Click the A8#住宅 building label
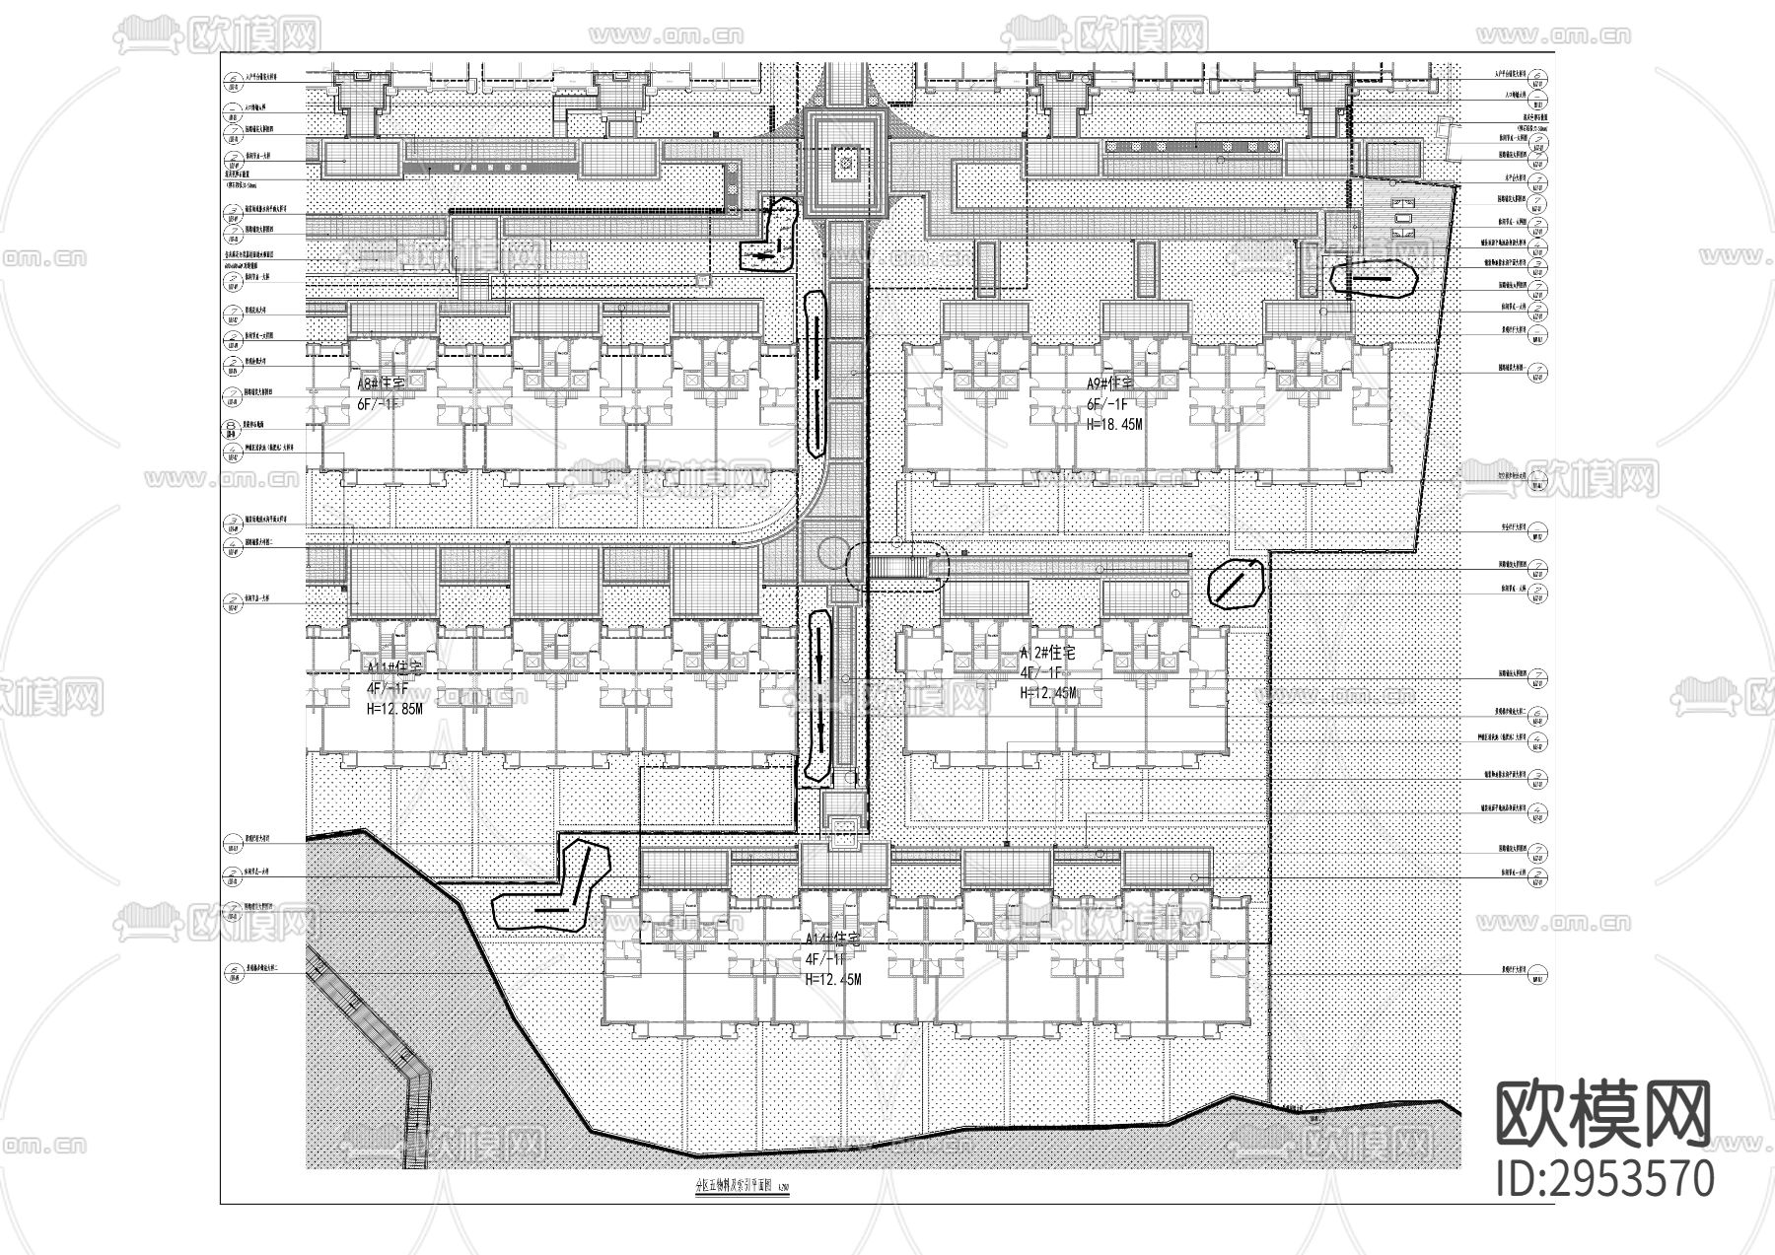point(382,383)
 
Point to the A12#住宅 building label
point(1047,654)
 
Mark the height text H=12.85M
point(394,709)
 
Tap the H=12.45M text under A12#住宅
point(1048,694)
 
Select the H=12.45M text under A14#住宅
point(833,980)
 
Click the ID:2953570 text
point(1605,1179)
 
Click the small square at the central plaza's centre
point(846,164)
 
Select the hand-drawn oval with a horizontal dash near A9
point(1373,278)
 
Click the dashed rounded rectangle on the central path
point(897,566)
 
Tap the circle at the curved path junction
point(830,555)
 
